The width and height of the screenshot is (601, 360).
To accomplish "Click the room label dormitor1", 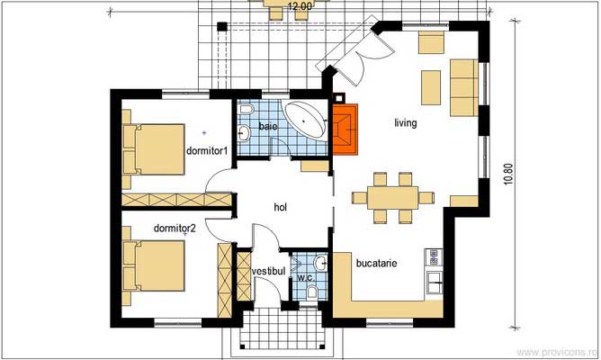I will pyautogui.click(x=205, y=150).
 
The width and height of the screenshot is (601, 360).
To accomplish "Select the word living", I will pyautogui.click(x=405, y=122).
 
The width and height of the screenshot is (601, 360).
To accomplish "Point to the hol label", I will pyautogui.click(x=281, y=207).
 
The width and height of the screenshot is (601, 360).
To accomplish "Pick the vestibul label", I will pyautogui.click(x=268, y=270).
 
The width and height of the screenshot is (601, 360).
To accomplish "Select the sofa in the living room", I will pyautogui.click(x=463, y=81).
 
